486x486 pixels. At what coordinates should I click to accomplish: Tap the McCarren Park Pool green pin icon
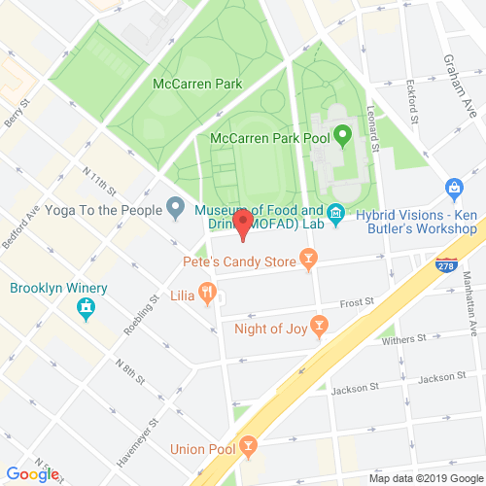tap(342, 134)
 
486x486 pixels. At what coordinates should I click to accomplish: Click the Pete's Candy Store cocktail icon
tap(308, 259)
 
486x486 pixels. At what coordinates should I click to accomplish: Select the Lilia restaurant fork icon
tap(207, 292)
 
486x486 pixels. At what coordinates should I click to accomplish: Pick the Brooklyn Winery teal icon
tap(86, 308)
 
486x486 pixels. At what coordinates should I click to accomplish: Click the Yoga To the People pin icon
tap(176, 205)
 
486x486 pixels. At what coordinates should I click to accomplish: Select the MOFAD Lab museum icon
tap(335, 212)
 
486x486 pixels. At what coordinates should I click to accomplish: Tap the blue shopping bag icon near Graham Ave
tap(453, 187)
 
